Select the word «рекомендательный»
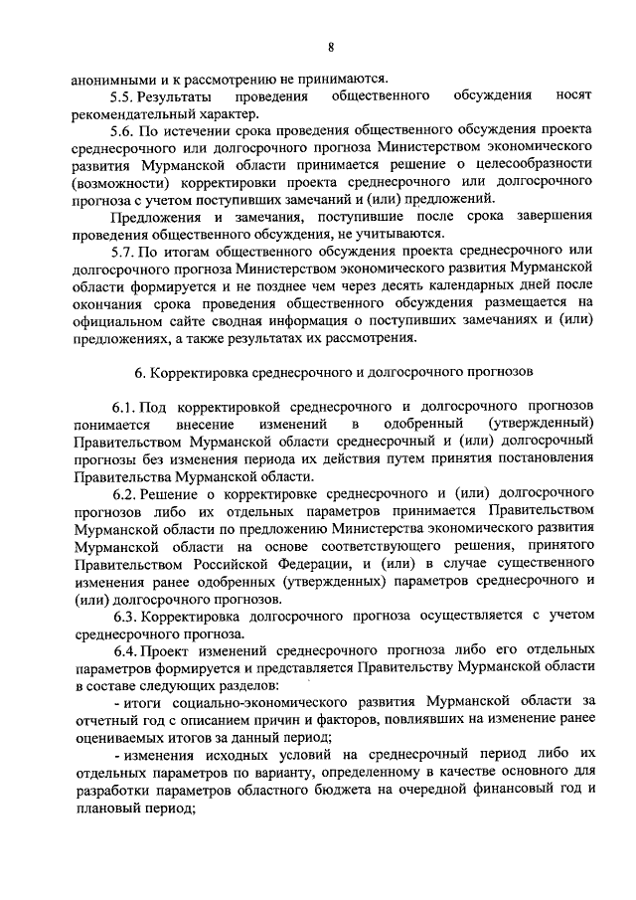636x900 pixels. pos(136,112)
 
